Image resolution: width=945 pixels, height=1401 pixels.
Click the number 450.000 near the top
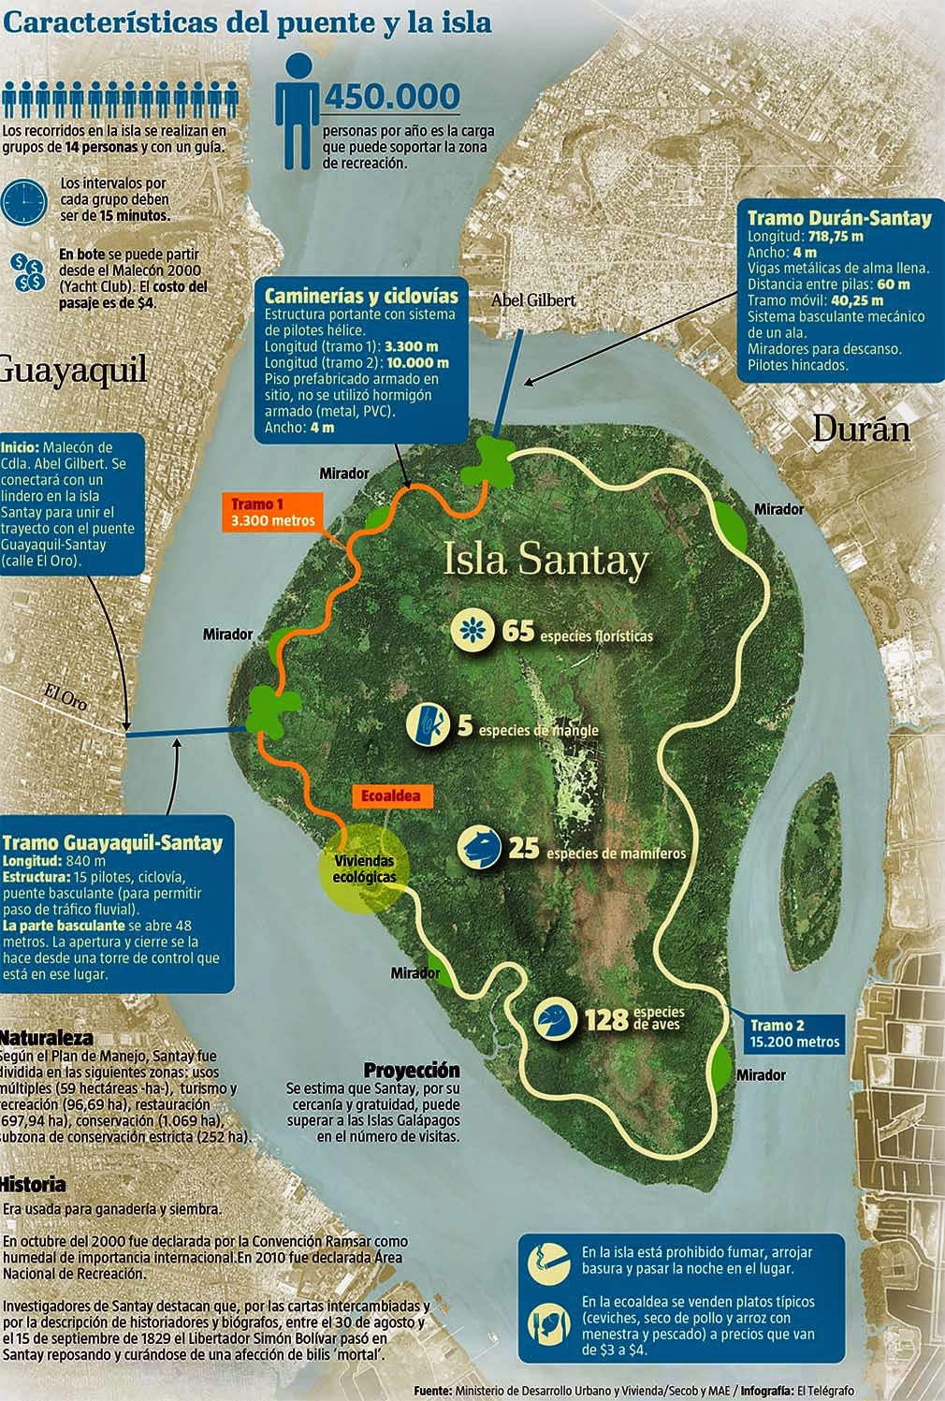click(x=391, y=96)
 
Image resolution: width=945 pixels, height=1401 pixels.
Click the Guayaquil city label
click(x=73, y=369)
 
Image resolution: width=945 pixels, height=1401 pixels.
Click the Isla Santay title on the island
click(x=545, y=560)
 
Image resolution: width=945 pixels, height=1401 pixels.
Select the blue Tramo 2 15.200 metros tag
click(x=794, y=1033)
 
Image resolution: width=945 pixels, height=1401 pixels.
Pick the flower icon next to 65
click(x=473, y=630)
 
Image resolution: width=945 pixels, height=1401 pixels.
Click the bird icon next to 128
click(x=556, y=1018)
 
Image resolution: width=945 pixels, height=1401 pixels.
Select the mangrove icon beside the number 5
click(x=428, y=724)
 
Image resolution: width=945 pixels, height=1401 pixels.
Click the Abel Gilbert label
click(x=533, y=300)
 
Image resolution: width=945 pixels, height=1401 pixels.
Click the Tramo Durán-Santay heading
click(x=839, y=218)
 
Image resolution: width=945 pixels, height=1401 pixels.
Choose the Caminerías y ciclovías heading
click(x=361, y=293)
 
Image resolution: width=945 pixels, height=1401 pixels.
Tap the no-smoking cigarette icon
click(x=545, y=1261)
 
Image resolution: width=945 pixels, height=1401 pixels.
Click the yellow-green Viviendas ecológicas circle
click(x=364, y=870)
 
